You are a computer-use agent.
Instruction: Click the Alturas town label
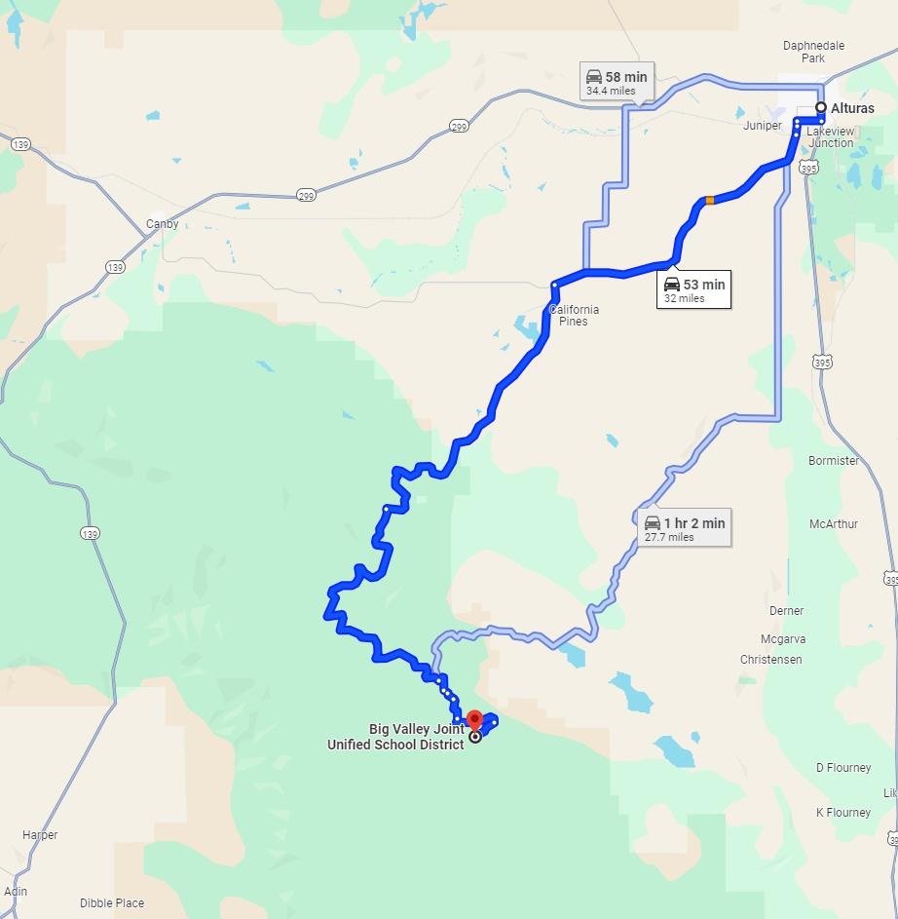852,108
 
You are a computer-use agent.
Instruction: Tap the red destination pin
474,720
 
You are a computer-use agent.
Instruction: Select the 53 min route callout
693,290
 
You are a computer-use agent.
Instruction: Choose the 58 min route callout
616,82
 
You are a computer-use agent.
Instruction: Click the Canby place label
162,224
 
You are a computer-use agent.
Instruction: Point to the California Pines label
574,316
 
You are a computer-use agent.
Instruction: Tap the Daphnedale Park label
813,52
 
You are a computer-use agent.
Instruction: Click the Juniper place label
763,126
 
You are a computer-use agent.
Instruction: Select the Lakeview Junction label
831,137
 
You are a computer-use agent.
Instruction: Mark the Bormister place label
834,461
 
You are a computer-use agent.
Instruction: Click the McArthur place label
834,524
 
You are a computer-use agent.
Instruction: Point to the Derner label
786,611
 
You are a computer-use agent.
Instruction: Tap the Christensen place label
770,660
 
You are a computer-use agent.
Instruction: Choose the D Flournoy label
843,768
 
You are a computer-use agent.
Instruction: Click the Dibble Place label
112,903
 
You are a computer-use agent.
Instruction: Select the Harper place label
40,835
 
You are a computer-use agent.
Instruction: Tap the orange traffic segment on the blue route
710,200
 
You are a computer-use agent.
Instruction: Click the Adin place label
16,892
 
